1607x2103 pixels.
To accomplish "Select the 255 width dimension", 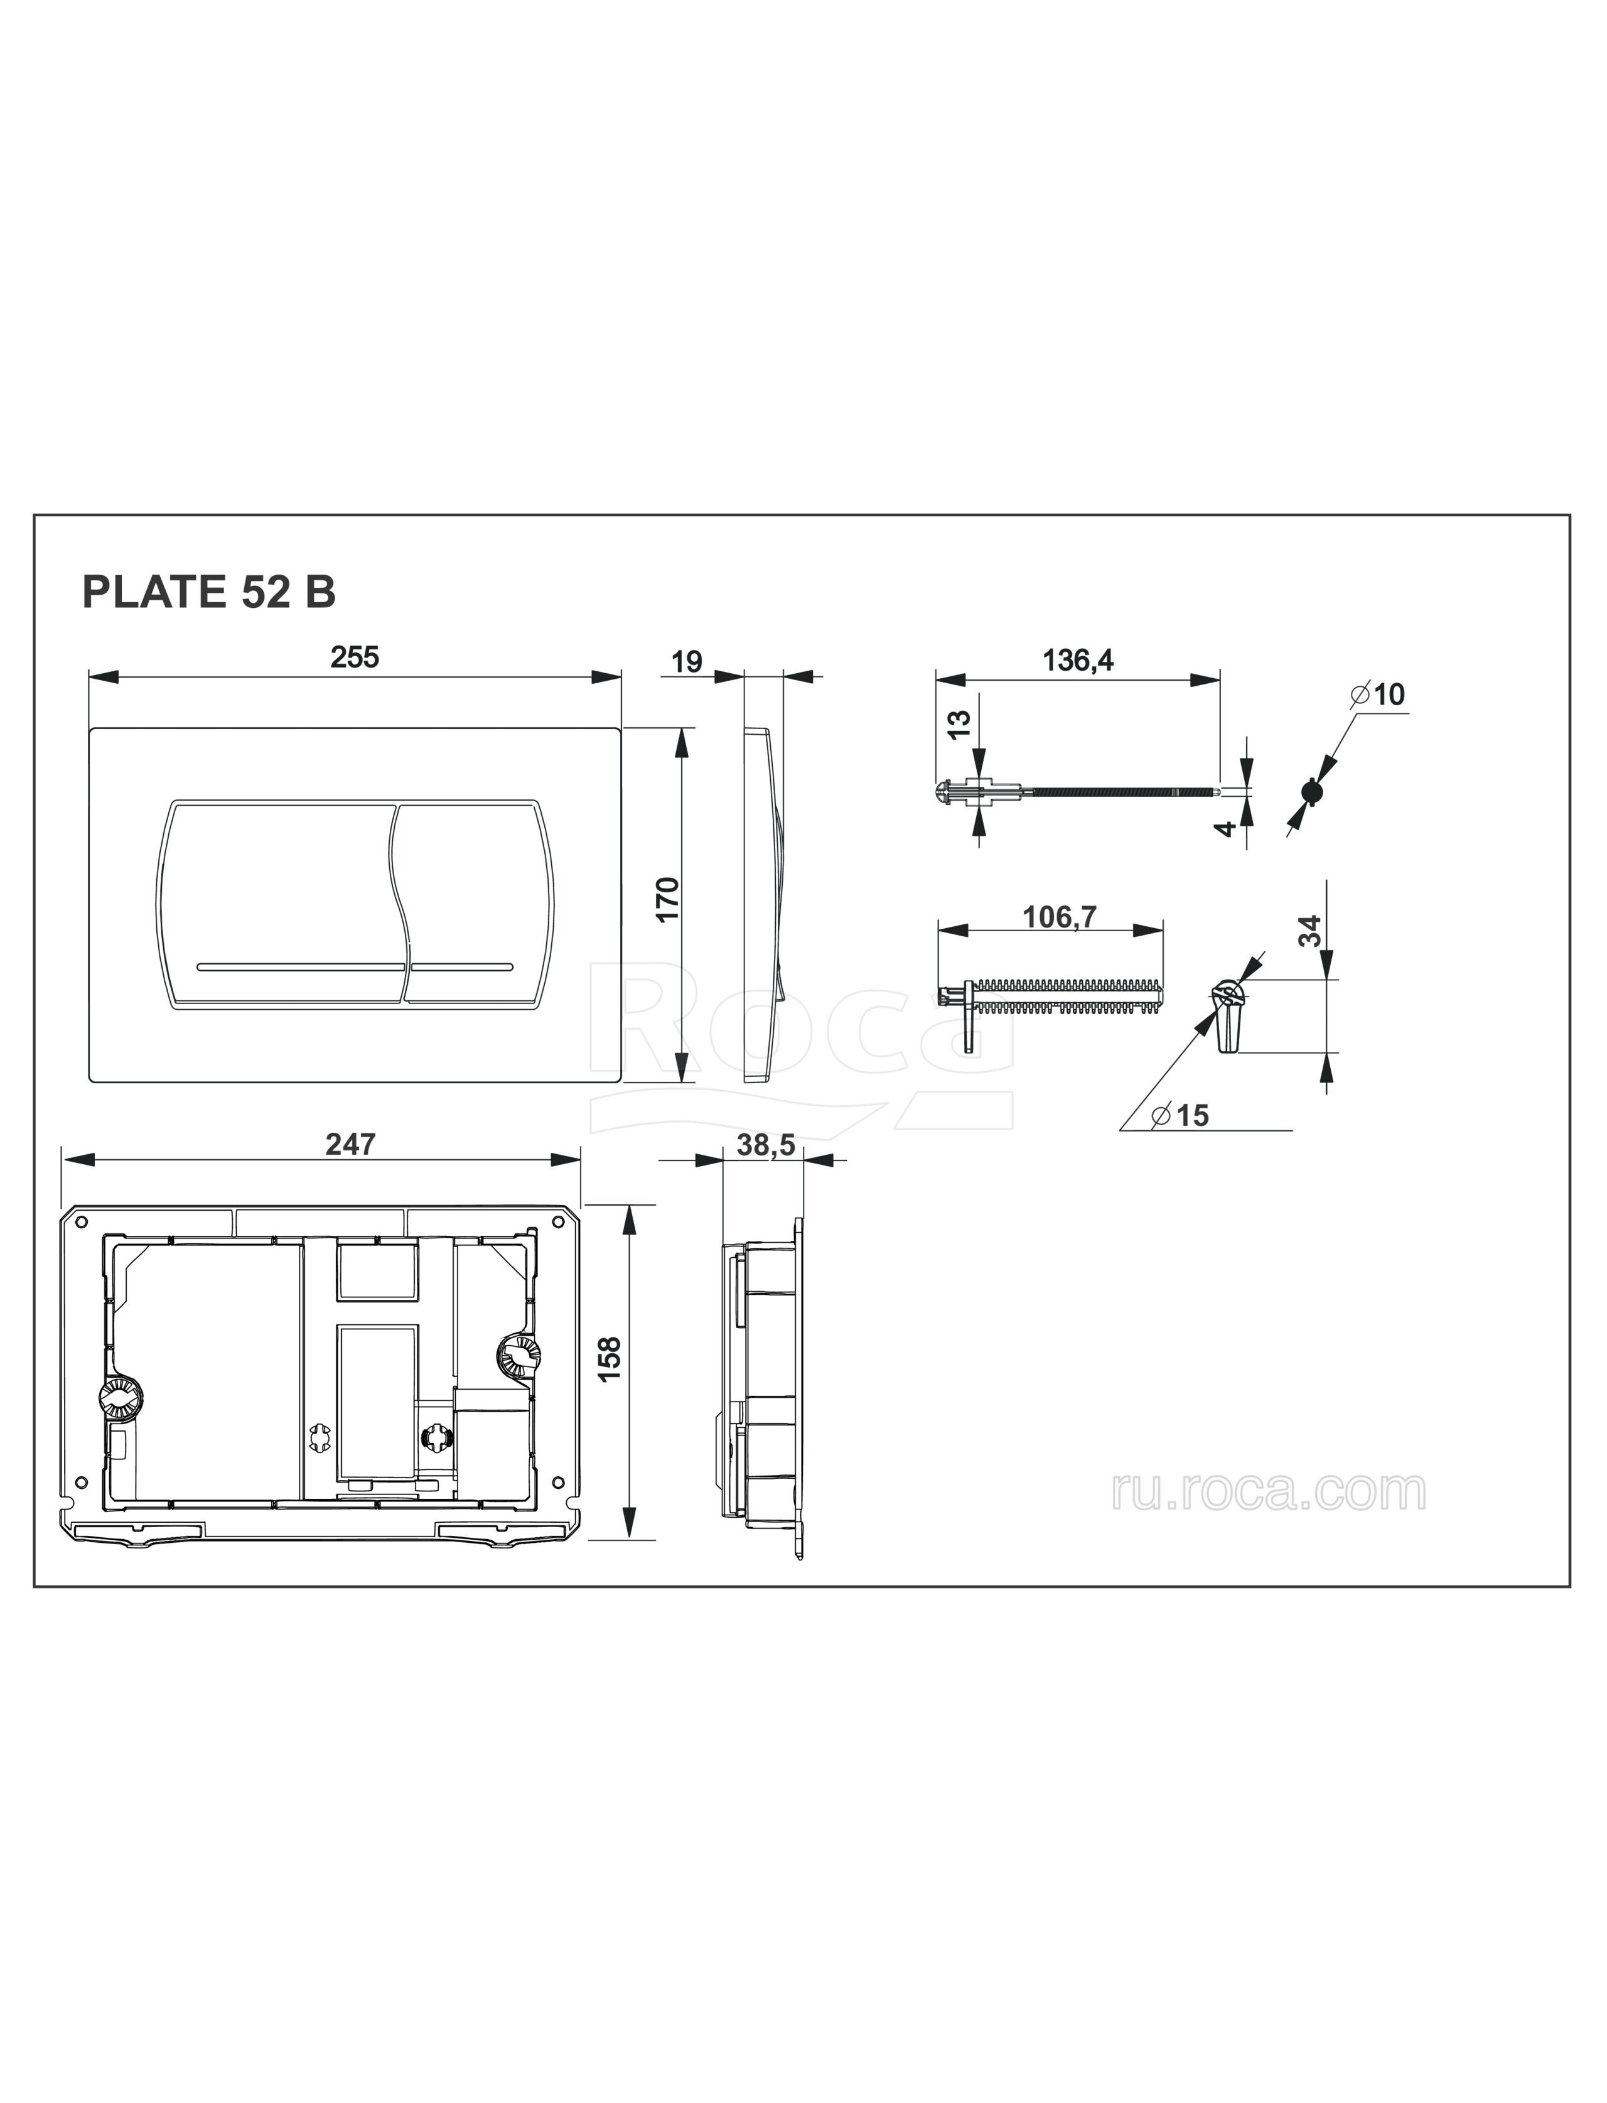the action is tap(355, 657).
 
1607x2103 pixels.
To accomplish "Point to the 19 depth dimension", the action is tap(687, 661).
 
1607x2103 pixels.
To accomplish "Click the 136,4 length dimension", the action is tap(1078, 660).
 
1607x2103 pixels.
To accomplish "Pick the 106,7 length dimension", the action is tap(1059, 917).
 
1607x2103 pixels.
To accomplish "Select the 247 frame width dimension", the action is tap(351, 1143).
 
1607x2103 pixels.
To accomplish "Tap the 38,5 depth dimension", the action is tap(766, 1144).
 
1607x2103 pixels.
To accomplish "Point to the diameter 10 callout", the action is tap(1379, 695).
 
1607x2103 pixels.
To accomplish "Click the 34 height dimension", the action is tap(1311, 931).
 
